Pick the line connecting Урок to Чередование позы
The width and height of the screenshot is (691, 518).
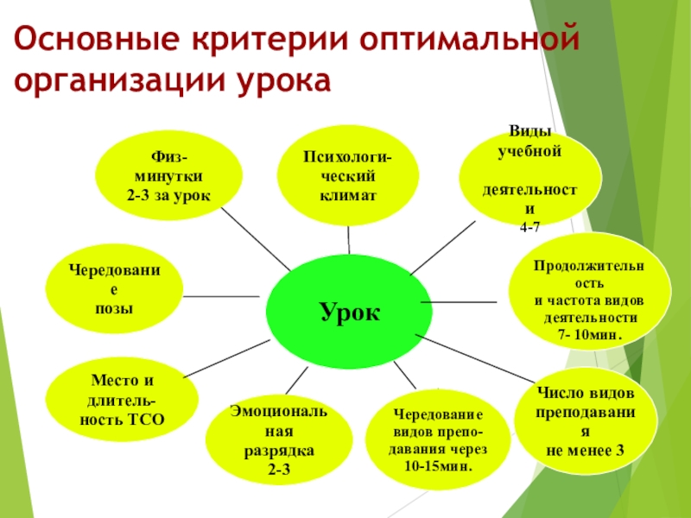point(221,296)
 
